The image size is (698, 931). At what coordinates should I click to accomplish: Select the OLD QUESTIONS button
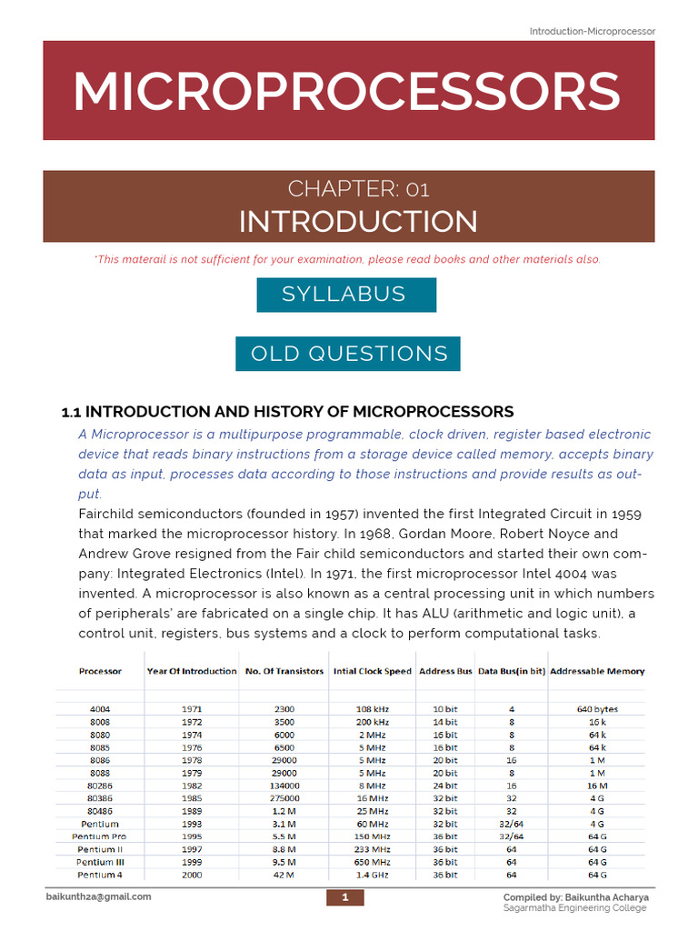coord(349,354)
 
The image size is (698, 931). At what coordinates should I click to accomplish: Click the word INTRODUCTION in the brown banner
coord(358,221)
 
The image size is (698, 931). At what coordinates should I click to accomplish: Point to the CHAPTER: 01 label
coord(358,188)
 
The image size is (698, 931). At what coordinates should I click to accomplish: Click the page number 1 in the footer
coord(345,898)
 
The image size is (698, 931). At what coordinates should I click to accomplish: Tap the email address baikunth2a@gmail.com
coord(99,896)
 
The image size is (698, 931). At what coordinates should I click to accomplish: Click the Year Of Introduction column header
coord(192,671)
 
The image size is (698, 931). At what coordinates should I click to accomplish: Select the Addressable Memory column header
coord(597,671)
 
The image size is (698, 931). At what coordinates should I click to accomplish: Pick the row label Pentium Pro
coord(101,836)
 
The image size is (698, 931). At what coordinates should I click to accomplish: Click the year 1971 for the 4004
coord(192,708)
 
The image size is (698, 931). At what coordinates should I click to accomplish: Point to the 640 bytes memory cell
coord(597,708)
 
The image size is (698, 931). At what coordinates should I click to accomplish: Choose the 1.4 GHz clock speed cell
coord(373,875)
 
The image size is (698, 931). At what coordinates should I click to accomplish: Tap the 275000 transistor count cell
coord(284,797)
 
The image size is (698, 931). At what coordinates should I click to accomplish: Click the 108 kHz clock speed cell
coord(373,708)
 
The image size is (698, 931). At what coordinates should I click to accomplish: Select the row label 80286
coord(101,785)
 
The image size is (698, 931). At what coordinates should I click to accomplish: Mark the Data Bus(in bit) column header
coord(512,671)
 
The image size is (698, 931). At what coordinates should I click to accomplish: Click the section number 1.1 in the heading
coord(71,412)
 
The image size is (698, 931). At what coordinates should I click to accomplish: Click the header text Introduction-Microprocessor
coord(592,31)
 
